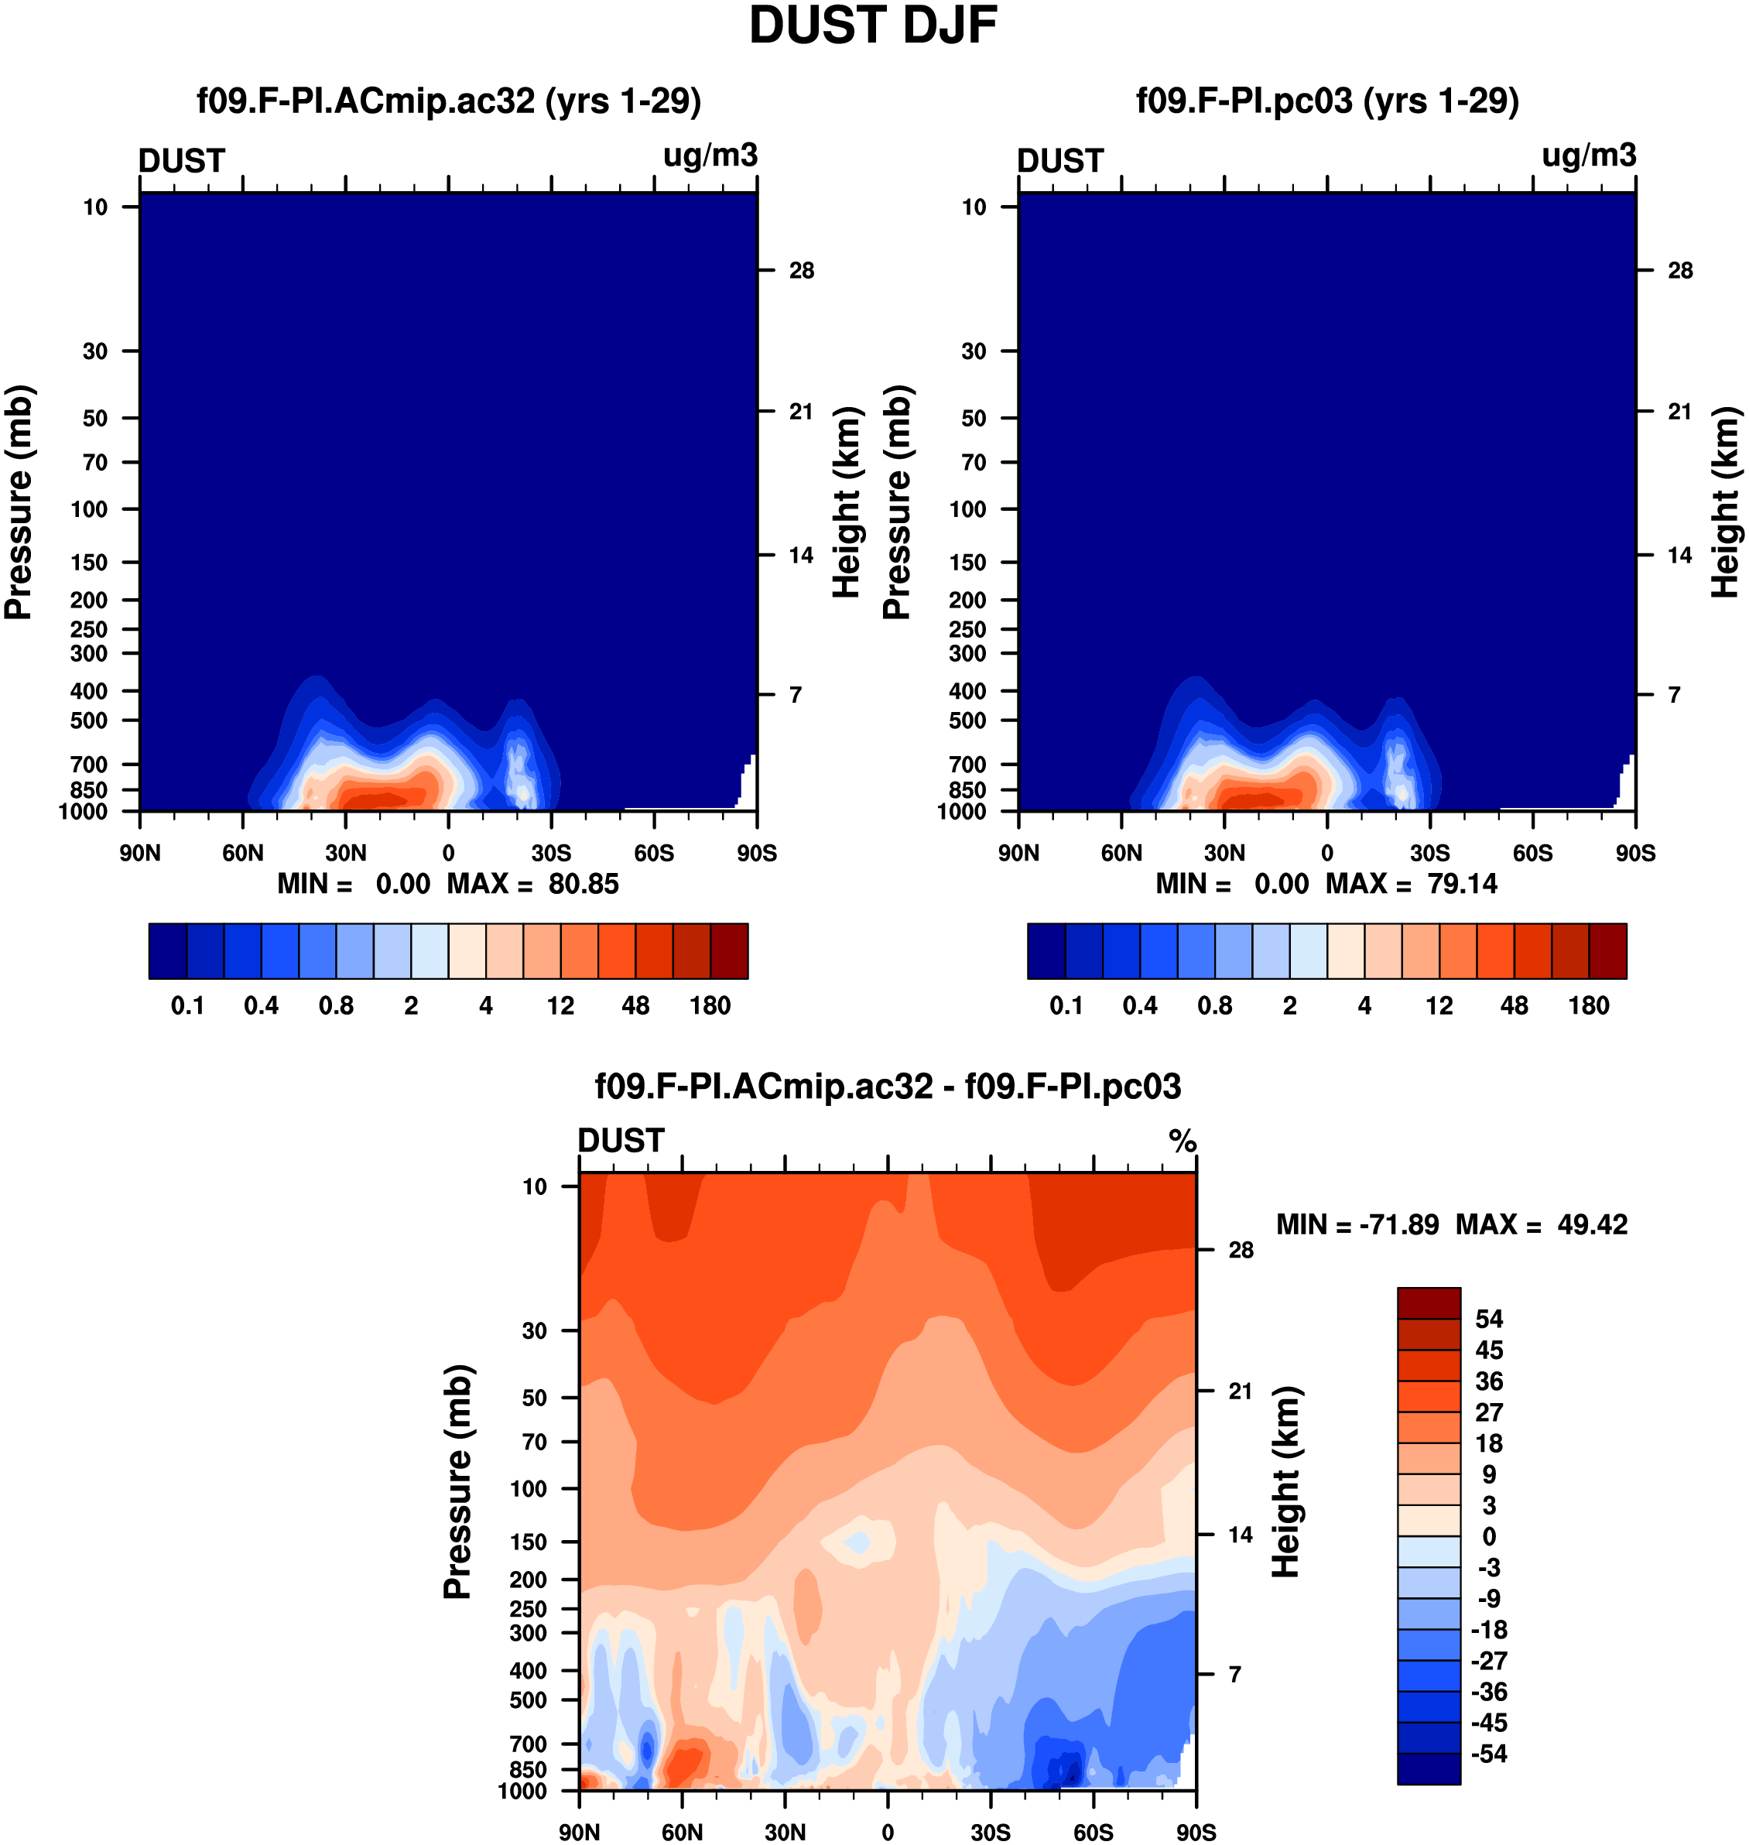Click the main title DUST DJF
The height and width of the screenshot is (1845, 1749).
[x=873, y=26]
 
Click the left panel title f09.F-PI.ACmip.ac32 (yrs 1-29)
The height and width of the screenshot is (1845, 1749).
[x=448, y=101]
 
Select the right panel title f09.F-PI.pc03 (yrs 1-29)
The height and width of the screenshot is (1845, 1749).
[x=1326, y=101]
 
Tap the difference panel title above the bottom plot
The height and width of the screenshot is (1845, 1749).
[x=888, y=1086]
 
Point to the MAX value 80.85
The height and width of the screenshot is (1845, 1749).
[x=584, y=884]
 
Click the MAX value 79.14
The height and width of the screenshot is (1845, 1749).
[x=1462, y=884]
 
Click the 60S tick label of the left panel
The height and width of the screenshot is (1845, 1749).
[x=653, y=853]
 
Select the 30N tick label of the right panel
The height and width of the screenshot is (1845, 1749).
[x=1224, y=853]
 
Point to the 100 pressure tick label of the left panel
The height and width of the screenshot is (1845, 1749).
[x=90, y=509]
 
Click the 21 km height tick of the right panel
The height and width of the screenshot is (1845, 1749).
[x=1679, y=411]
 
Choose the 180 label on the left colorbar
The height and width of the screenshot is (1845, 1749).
[x=710, y=1006]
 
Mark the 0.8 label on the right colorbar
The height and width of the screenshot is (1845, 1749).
[x=1215, y=1006]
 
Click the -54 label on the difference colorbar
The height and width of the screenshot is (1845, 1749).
[x=1489, y=1754]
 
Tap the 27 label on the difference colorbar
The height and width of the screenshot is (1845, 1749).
[x=1489, y=1412]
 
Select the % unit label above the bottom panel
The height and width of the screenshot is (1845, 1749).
[x=1183, y=1141]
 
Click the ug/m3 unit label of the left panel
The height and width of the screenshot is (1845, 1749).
[x=710, y=156]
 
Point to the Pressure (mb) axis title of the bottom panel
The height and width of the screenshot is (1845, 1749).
[x=459, y=1481]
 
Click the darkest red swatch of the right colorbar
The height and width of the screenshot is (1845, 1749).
[x=1607, y=951]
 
